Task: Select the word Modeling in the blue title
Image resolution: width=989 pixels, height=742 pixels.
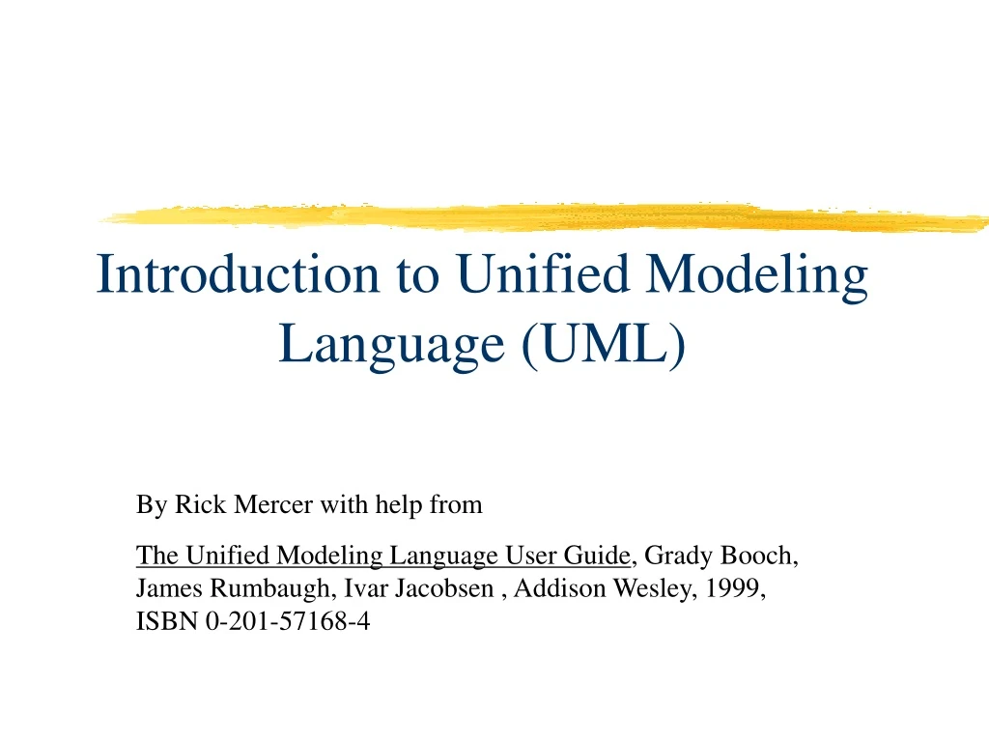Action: coord(757,274)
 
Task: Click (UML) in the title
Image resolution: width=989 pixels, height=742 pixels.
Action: coord(603,342)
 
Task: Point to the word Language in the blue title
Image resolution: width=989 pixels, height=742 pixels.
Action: coord(392,344)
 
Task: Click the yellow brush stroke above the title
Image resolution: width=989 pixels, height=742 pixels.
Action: coord(541,216)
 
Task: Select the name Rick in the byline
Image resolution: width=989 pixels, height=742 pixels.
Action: coord(193,504)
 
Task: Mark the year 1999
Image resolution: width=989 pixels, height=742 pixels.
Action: coord(734,589)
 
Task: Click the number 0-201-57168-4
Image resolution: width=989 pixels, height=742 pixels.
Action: coord(287,622)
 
